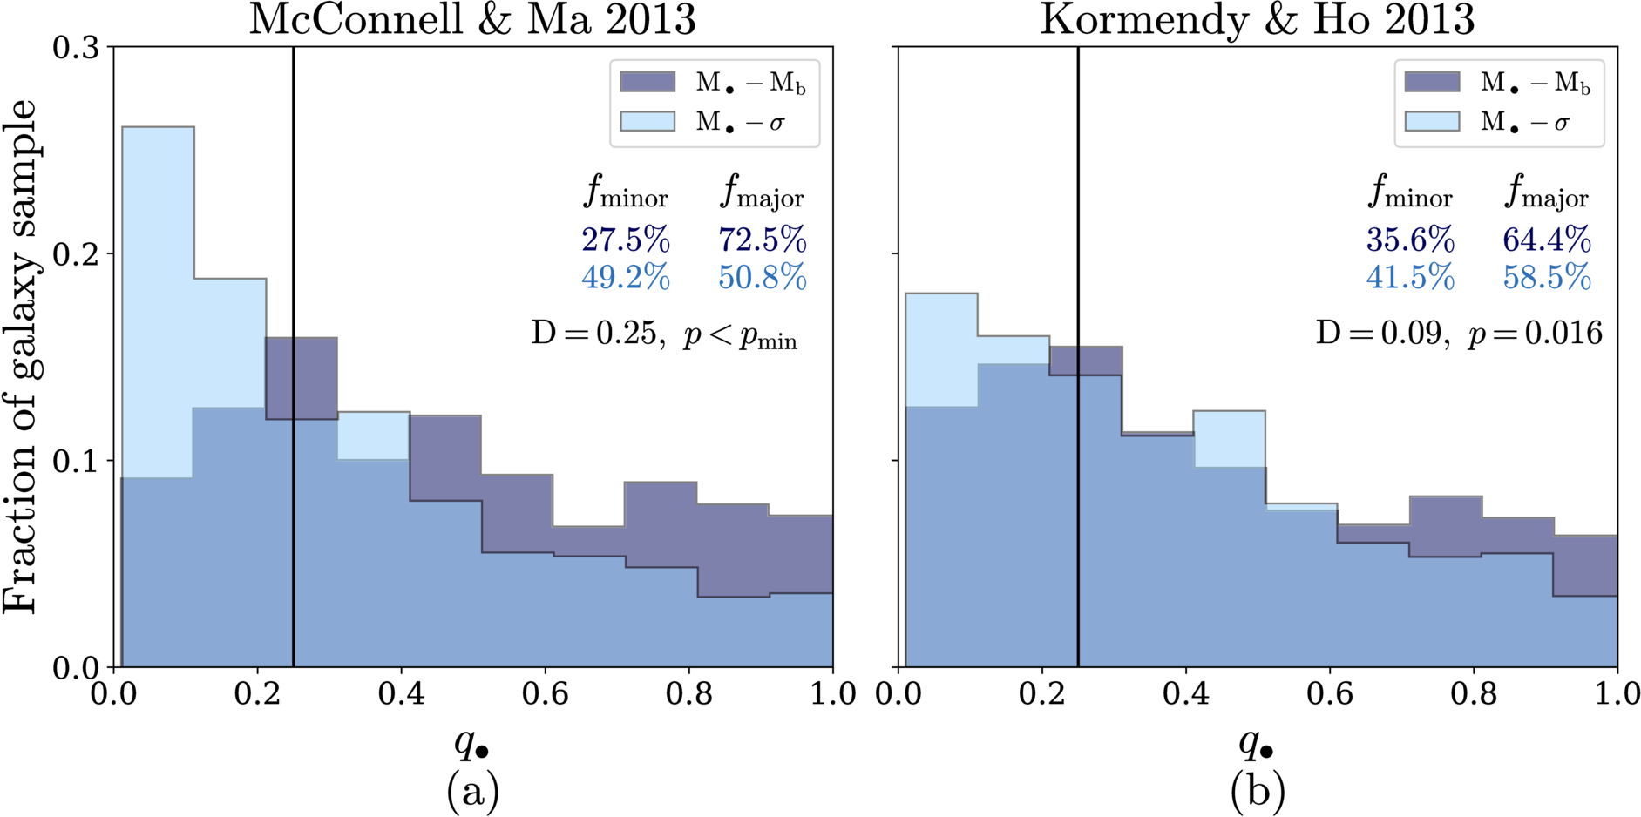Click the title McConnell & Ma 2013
point(472,19)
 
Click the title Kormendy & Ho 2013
point(1257,19)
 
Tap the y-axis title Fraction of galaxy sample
point(20,356)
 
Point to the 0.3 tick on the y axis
point(77,47)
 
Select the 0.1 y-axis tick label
point(77,460)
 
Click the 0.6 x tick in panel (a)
point(545,693)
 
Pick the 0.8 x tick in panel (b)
point(1474,693)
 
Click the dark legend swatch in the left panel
point(648,82)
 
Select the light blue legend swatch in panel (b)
point(1432,121)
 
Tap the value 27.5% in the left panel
point(626,240)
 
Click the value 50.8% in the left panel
point(763,278)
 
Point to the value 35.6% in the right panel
point(1410,240)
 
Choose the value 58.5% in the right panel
point(1547,278)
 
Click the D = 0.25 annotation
point(594,333)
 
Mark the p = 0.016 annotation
point(1536,334)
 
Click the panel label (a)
point(473,792)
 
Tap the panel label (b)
point(1258,792)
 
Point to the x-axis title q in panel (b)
point(1257,744)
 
